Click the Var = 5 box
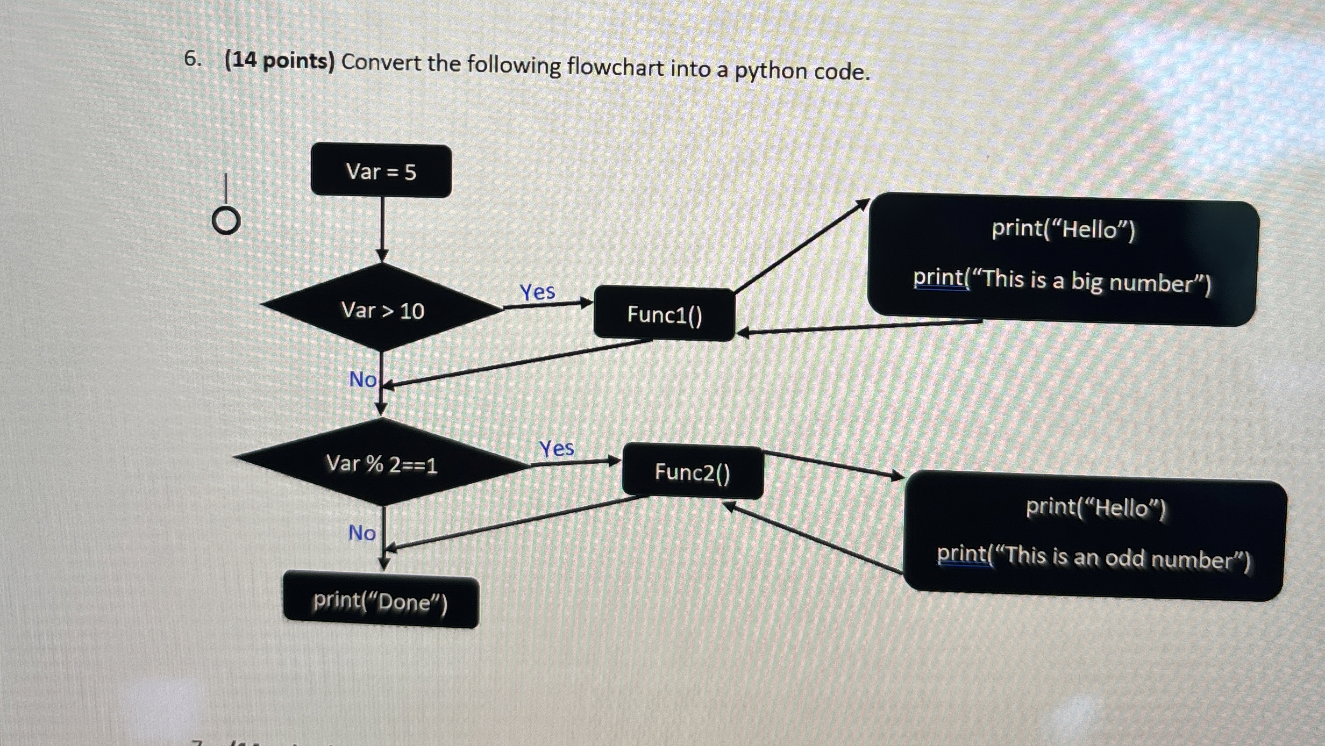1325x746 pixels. (381, 171)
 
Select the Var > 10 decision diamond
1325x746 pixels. (382, 309)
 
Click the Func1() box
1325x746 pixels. (664, 314)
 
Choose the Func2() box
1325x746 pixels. (693, 472)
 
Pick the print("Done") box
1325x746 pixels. (381, 601)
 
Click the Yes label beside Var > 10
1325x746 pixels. (537, 292)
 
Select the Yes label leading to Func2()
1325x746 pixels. (557, 448)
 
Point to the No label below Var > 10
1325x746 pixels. (363, 379)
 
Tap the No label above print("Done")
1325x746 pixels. (362, 533)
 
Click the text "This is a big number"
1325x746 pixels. (1092, 281)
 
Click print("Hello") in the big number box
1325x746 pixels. (1063, 229)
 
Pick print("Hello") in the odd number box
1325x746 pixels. (1095, 507)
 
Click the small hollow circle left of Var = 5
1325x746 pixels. (226, 221)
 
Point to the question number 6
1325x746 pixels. (192, 59)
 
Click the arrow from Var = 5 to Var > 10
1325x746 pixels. (382, 228)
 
